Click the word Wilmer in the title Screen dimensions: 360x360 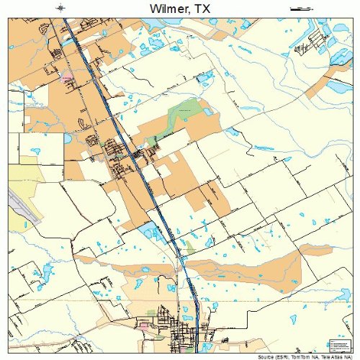tap(168, 8)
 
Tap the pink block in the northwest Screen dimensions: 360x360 tap(67, 75)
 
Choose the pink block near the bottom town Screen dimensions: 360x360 tap(143, 326)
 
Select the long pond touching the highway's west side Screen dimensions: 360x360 tap(153, 232)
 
